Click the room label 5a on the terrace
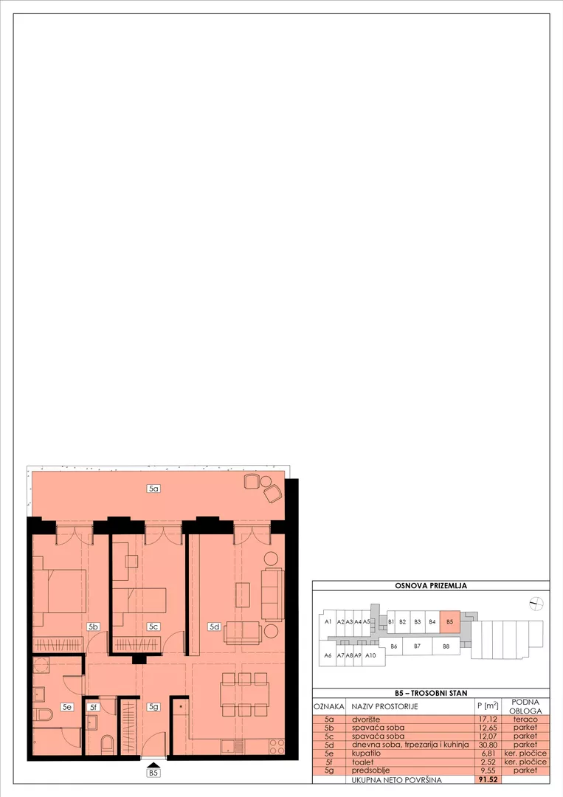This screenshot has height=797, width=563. [153, 489]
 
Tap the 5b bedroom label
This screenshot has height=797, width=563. [93, 627]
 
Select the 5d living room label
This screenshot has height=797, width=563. [215, 627]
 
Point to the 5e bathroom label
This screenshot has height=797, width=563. [66, 706]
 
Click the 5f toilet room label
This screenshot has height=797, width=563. [93, 707]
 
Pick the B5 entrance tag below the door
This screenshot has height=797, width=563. [153, 773]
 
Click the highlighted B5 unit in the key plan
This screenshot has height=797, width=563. [449, 621]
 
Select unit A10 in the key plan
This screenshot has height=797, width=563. [370, 655]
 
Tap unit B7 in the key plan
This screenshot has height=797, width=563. [417, 646]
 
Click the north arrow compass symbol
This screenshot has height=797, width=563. [536, 604]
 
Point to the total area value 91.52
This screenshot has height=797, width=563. [487, 779]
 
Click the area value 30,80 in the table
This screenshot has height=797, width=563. [487, 745]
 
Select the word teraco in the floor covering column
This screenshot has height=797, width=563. [525, 720]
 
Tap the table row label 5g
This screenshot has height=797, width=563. [329, 770]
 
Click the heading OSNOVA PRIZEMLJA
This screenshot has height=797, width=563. [431, 585]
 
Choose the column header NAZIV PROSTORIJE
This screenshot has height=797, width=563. [384, 706]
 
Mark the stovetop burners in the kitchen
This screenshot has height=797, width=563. [277, 746]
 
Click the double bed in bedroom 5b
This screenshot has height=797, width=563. [60, 590]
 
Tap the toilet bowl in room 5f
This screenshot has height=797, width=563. [108, 745]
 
